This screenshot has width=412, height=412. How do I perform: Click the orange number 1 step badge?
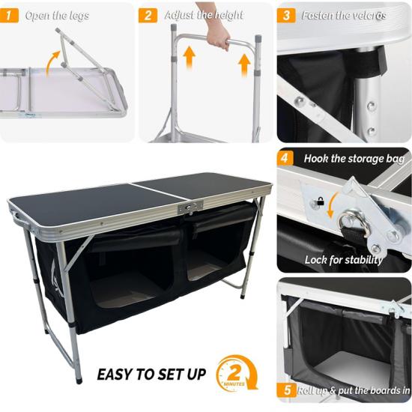[9, 15]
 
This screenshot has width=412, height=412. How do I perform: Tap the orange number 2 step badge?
[148, 15]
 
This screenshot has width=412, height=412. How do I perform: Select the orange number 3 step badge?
[286, 15]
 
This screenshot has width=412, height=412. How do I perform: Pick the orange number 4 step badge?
[285, 159]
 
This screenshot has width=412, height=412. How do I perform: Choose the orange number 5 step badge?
[287, 390]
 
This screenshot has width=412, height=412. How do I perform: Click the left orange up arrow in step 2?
[189, 58]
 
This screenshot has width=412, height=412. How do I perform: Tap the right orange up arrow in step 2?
[244, 65]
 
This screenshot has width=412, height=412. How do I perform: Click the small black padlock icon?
[321, 202]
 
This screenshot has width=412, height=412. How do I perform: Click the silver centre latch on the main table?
[191, 207]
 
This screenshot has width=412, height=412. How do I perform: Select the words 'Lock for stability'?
[344, 260]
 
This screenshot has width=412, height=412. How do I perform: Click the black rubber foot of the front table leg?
[79, 381]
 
